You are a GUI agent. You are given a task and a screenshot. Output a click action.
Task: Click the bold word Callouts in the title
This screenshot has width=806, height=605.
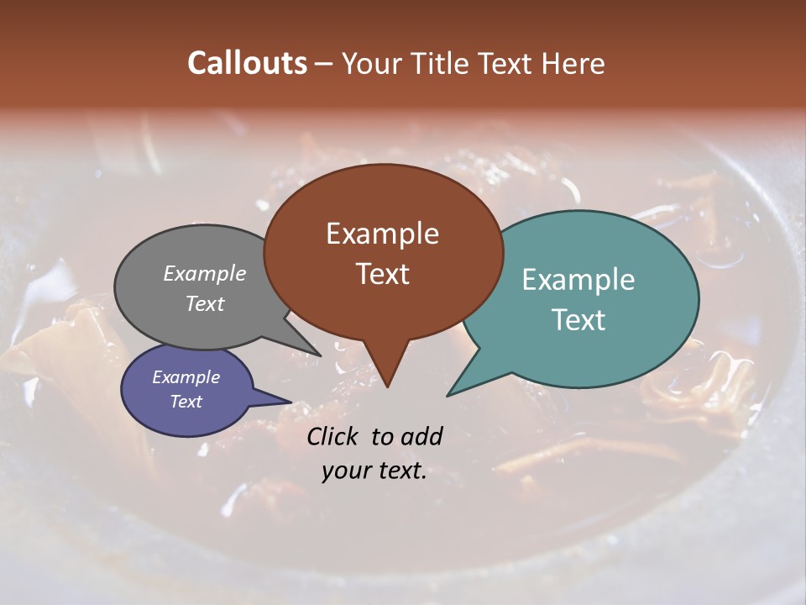pos(247,63)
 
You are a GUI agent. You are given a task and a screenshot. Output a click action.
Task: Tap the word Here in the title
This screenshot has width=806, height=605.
pos(573,63)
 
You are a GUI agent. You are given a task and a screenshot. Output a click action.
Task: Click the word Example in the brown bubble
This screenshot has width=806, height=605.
pos(382,234)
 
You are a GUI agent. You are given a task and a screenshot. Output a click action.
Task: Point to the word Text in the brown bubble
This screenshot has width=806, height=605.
pos(382,274)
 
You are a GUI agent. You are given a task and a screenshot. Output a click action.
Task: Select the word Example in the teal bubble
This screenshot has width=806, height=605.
pos(578,280)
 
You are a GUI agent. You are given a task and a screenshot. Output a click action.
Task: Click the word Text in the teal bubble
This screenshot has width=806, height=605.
pos(578,320)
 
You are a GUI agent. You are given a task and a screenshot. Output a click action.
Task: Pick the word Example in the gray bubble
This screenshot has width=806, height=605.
pos(205,273)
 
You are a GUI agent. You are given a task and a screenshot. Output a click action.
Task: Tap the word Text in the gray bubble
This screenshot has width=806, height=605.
pos(205,303)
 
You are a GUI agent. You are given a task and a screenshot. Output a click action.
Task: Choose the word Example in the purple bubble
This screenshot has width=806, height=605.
pos(186,377)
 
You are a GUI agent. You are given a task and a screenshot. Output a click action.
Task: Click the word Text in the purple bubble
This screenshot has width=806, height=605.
pos(186,402)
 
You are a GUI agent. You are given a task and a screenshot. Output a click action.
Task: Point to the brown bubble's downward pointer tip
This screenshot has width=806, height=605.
pos(387,386)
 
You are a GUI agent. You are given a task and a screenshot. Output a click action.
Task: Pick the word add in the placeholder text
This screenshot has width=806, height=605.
pos(421,436)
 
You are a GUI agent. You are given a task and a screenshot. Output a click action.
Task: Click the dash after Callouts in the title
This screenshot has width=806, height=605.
pos(324,63)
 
